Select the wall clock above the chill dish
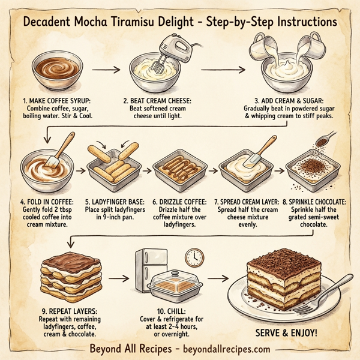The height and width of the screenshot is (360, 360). (x=194, y=257)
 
